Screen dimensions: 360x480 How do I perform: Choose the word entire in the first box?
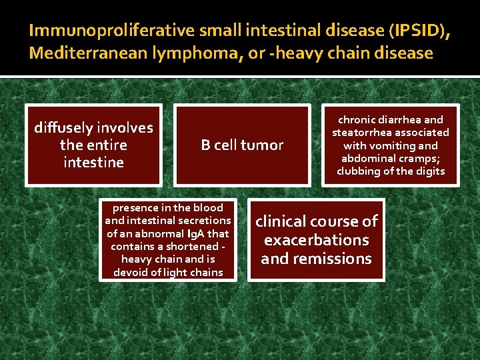pyautogui.click(x=107, y=145)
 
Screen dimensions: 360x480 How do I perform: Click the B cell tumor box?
pyautogui.click(x=242, y=145)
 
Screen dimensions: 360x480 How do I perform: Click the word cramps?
pyautogui.click(x=419, y=158)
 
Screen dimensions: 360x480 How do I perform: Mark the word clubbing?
pyautogui.click(x=360, y=171)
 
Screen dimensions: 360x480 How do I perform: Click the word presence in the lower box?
pyautogui.click(x=137, y=207)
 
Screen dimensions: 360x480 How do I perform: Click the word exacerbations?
pyautogui.click(x=317, y=239)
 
